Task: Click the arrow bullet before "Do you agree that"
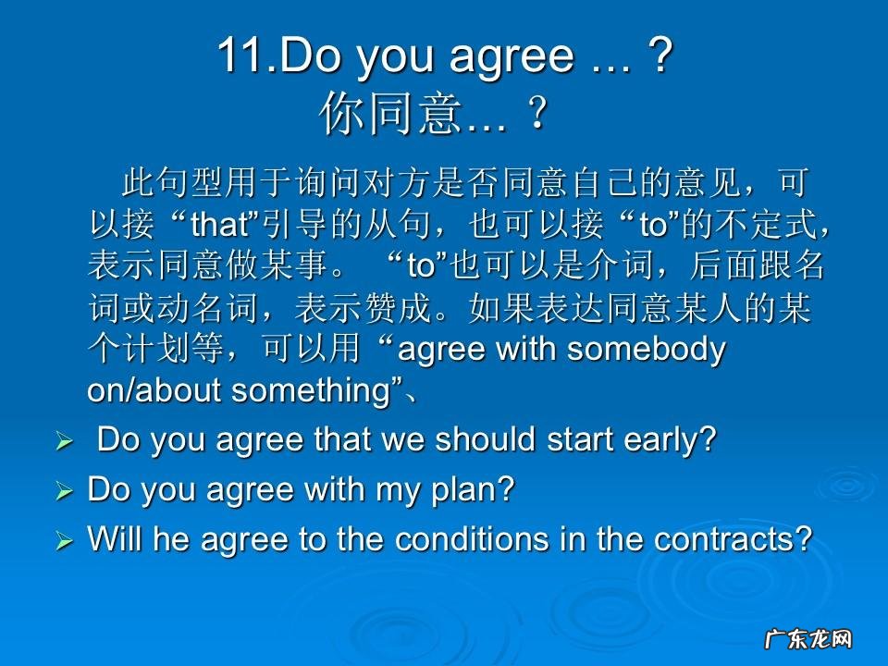(64, 443)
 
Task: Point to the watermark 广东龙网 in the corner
(807, 638)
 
